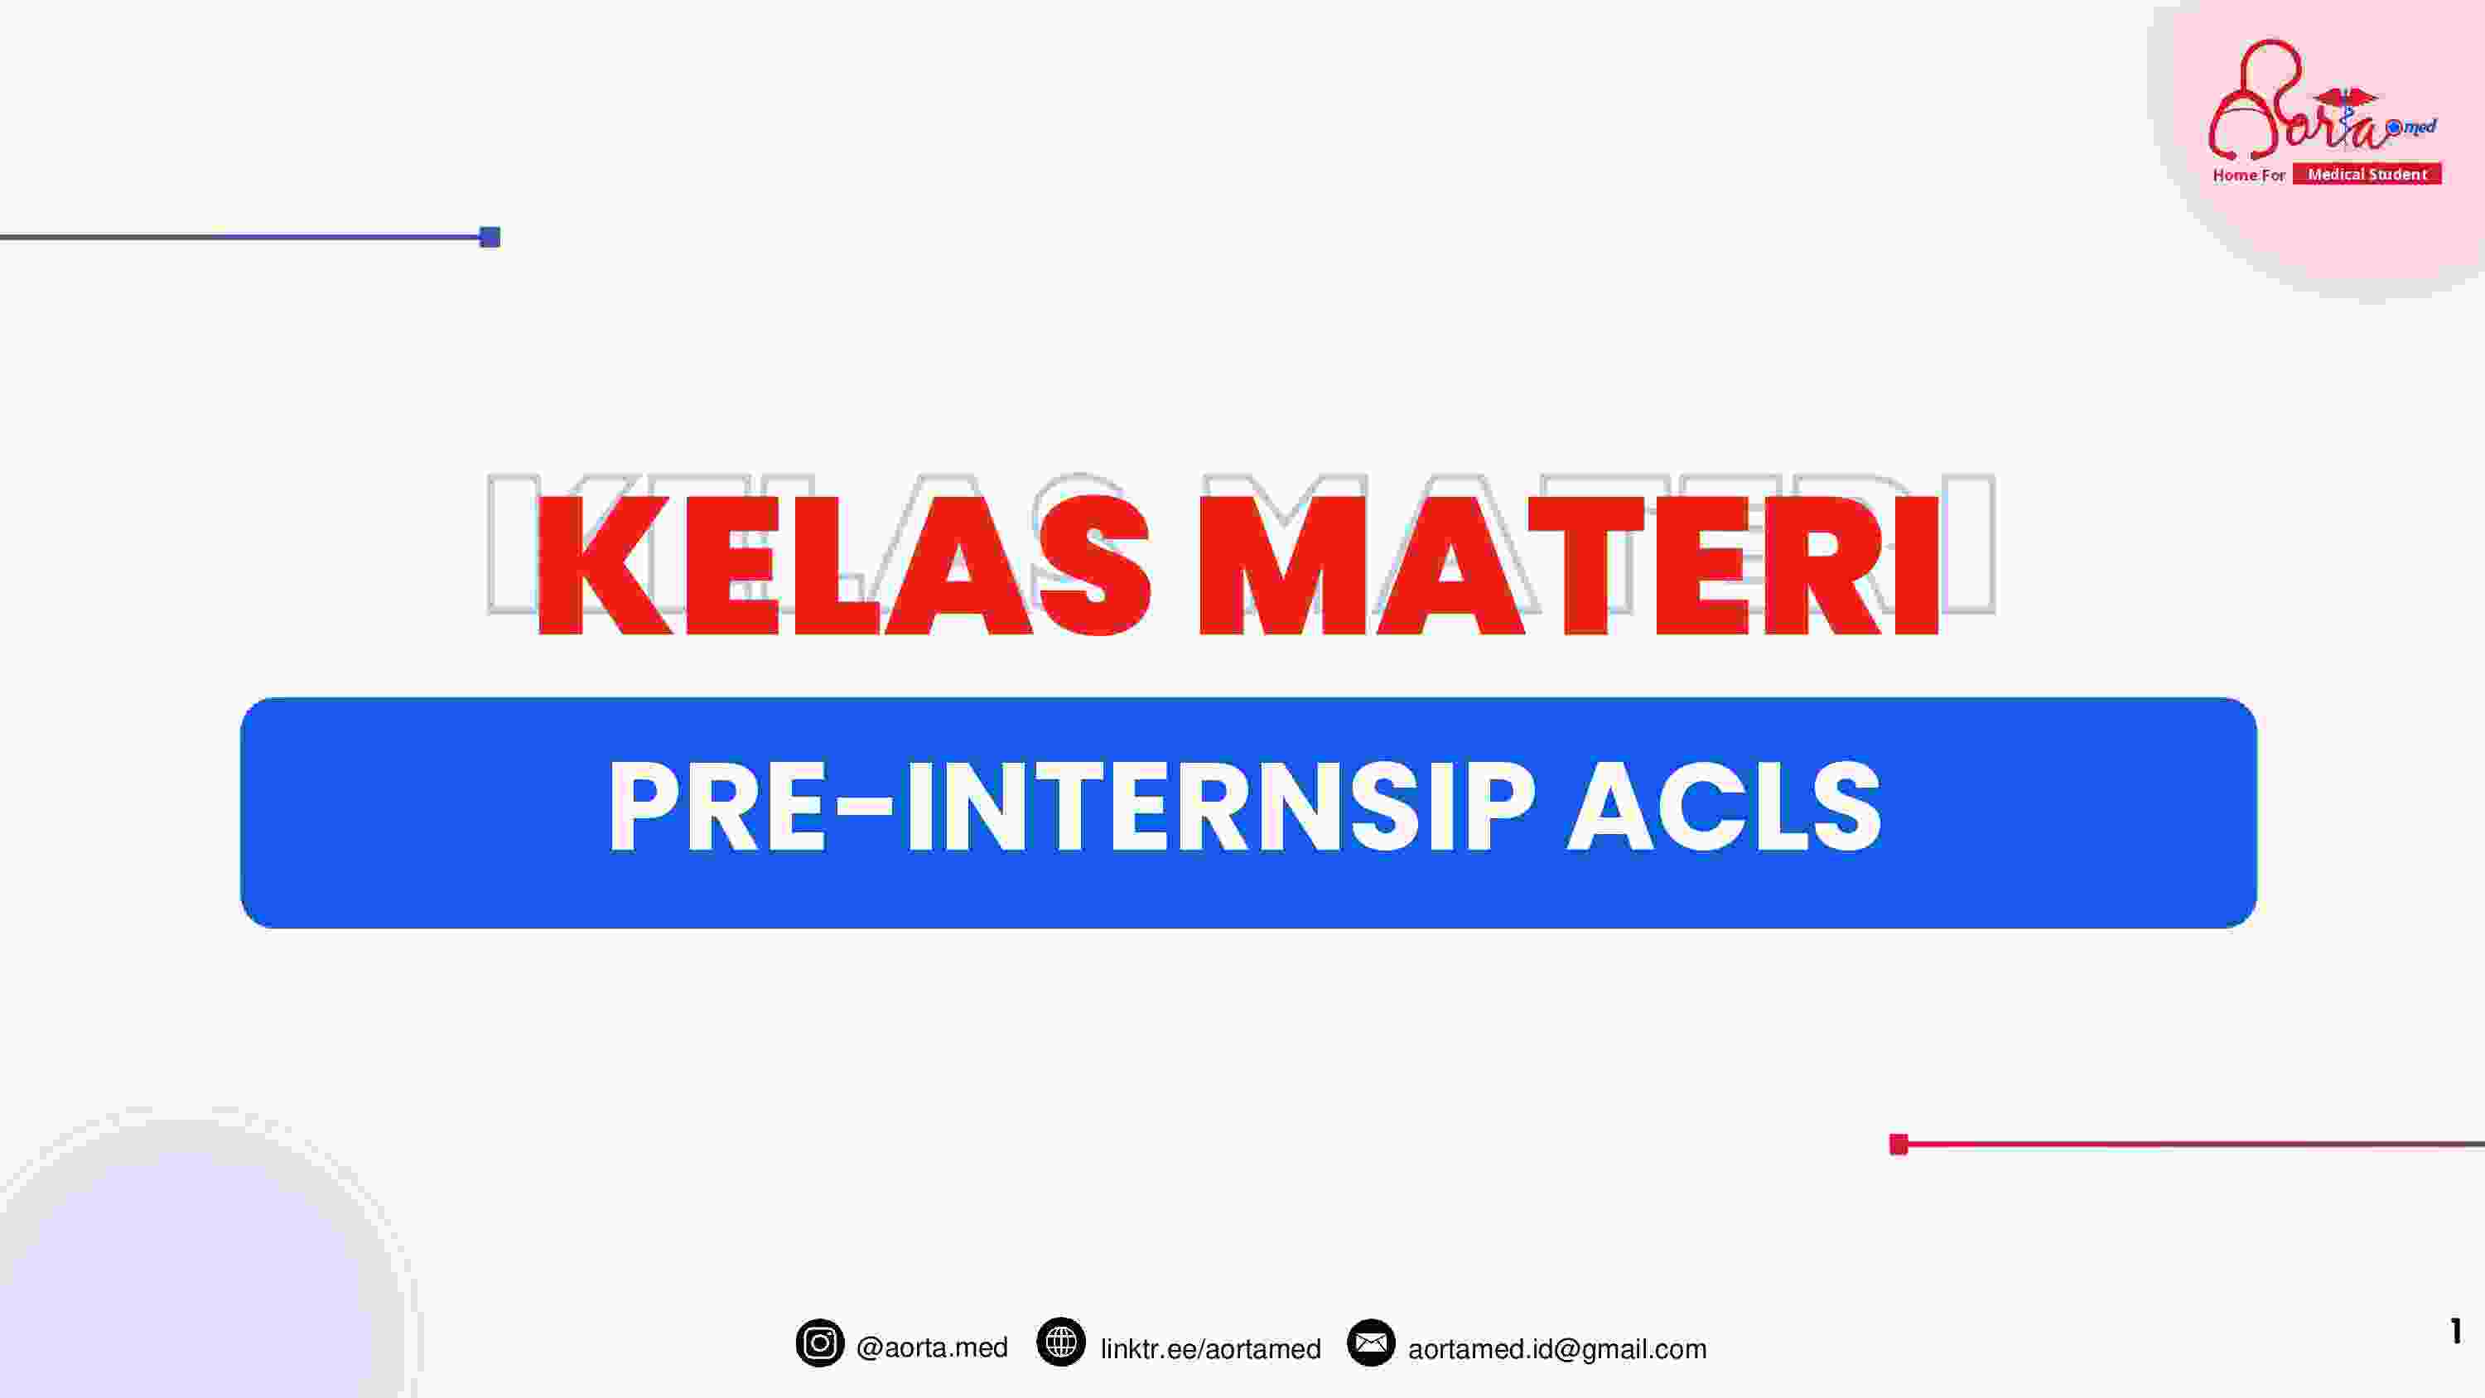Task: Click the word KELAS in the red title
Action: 844,566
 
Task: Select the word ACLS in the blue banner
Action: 1725,808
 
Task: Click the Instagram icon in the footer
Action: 820,1343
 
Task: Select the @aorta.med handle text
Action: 932,1347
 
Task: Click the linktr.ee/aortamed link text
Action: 1211,1349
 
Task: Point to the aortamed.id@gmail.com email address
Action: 1557,1349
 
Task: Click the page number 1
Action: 2456,1332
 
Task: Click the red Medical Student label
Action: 2367,175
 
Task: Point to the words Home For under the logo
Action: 2249,176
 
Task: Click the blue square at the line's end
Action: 490,238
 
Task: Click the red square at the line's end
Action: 1899,1145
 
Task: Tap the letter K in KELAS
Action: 604,566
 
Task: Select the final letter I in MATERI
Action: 1916,566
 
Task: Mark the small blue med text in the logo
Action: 2420,128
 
